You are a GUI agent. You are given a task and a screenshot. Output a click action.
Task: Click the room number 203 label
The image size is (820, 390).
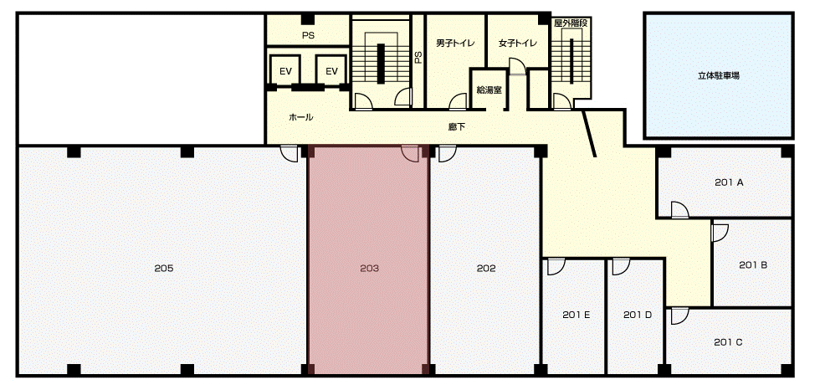[369, 269]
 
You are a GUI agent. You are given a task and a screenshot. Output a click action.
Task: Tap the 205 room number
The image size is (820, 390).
[164, 269]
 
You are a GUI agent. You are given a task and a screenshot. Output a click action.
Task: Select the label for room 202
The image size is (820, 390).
[486, 269]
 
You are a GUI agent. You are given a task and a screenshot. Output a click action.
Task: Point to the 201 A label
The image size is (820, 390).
[729, 182]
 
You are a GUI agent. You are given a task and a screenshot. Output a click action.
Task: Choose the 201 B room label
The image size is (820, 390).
[753, 265]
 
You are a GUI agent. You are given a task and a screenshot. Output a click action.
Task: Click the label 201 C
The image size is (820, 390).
[728, 342]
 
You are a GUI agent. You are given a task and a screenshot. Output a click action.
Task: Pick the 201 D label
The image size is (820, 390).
[638, 316]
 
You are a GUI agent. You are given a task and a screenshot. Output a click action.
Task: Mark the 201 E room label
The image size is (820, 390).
[577, 316]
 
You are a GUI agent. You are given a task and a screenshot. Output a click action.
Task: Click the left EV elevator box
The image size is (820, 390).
[285, 70]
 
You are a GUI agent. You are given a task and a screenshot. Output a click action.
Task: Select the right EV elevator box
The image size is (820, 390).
[331, 70]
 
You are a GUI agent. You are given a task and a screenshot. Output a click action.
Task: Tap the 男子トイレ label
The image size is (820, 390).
[455, 44]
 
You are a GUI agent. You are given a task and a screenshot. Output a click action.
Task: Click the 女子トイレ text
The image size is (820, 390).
[518, 44]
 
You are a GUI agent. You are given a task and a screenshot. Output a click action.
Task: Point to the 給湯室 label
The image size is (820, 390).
[489, 90]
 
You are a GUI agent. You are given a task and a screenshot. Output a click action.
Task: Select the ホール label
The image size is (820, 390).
[301, 117]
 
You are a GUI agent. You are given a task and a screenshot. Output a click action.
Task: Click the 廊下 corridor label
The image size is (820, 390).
[457, 126]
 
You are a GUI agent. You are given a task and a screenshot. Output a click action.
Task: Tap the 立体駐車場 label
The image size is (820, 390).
[719, 75]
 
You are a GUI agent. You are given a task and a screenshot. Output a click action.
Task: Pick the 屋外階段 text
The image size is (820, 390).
[571, 23]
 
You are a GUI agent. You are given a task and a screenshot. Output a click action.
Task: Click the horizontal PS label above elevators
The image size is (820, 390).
[308, 35]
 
